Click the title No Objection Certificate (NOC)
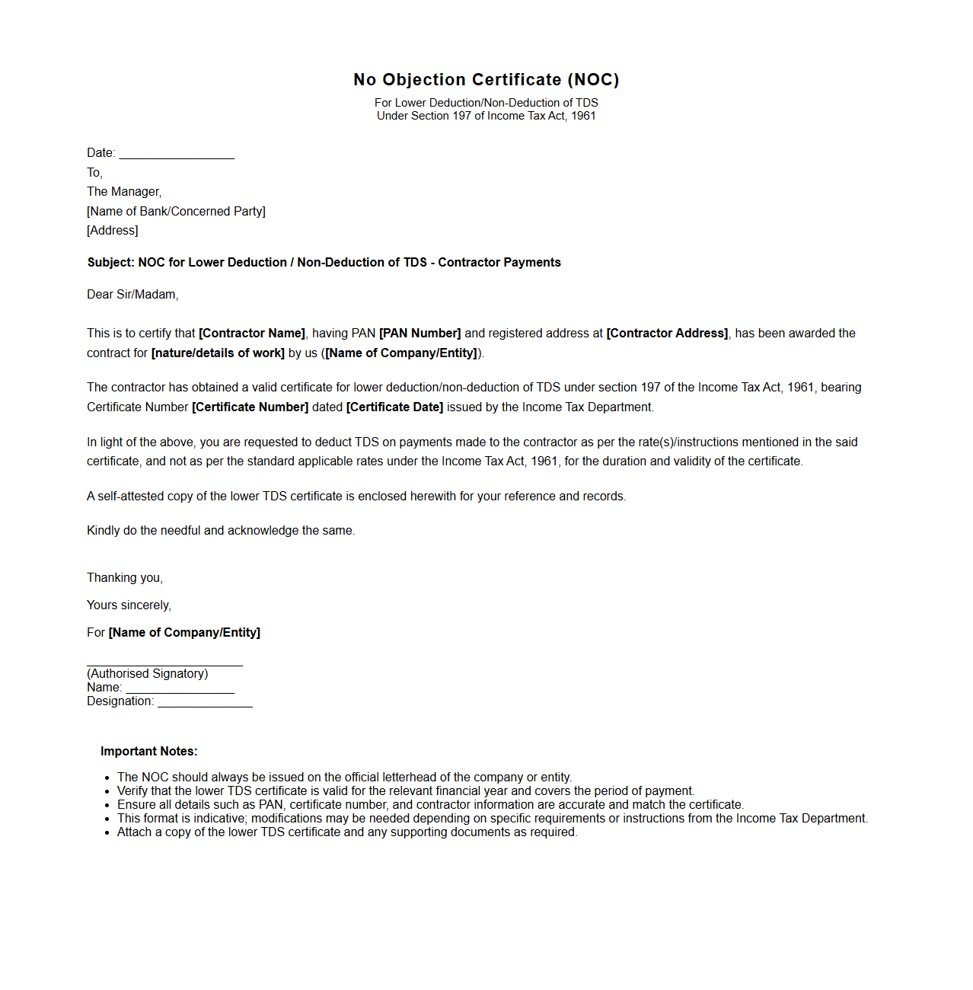click(486, 80)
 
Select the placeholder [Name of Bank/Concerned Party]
click(176, 212)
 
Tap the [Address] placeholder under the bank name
click(113, 231)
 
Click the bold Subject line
click(324, 263)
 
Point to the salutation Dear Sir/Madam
click(132, 295)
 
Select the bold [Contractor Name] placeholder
click(252, 334)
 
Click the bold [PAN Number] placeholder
click(420, 334)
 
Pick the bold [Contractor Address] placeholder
click(667, 334)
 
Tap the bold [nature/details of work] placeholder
click(218, 353)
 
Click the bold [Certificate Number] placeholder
click(250, 407)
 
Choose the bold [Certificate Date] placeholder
click(394, 407)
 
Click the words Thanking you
click(125, 578)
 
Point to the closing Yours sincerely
click(129, 605)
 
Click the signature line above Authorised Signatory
click(164, 664)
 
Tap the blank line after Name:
click(180, 690)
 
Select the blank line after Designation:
click(205, 704)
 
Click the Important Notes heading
click(148, 752)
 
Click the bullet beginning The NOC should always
click(344, 778)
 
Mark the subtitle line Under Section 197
click(486, 116)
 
